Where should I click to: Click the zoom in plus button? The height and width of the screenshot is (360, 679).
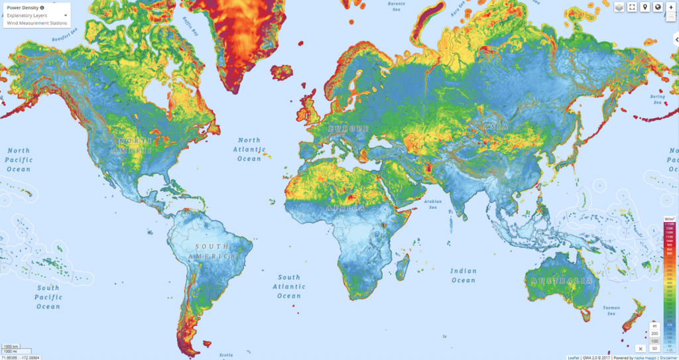(671, 7)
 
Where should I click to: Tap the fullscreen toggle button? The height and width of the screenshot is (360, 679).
(632, 7)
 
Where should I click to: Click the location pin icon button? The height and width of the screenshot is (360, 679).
(645, 7)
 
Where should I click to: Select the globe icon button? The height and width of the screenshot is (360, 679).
(657, 7)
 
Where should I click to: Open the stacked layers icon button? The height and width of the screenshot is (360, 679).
(619, 7)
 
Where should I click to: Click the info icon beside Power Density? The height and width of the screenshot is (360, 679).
(42, 7)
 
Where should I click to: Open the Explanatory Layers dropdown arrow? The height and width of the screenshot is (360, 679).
(66, 15)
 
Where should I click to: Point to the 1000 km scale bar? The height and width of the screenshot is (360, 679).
(11, 346)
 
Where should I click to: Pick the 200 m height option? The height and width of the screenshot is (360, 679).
(654, 333)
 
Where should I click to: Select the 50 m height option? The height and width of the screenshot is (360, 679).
(654, 348)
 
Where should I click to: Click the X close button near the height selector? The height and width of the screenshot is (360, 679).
(640, 348)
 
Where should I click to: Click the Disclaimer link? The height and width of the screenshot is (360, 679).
(665, 357)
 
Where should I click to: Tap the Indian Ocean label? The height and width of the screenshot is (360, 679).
(463, 275)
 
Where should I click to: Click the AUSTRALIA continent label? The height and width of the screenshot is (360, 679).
(560, 281)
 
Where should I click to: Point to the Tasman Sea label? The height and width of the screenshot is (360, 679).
(611, 310)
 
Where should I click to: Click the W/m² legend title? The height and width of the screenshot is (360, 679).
(670, 218)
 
